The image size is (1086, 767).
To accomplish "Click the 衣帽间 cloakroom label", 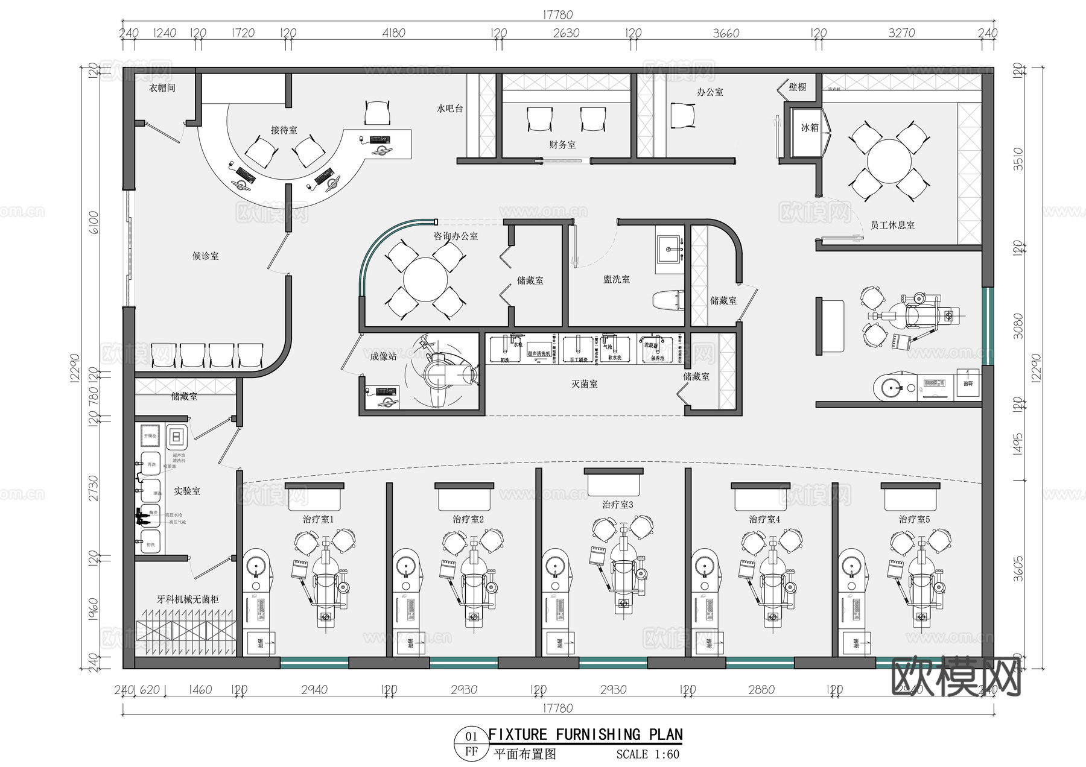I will coord(162,88).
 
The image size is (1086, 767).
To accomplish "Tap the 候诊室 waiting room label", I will coord(205,256).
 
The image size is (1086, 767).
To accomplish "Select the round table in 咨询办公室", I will coord(425,280).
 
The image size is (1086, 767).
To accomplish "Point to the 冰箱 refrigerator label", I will coord(810,128).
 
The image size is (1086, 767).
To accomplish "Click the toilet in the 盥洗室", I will coord(668,300).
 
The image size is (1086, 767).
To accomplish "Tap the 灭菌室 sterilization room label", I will coord(584,384).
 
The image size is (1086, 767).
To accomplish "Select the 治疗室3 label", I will coord(617,505).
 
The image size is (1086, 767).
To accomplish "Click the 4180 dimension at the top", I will coord(393,33).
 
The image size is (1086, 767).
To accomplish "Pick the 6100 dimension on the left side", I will coord(94,223).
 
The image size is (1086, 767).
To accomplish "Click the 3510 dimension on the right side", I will coord(1018,159).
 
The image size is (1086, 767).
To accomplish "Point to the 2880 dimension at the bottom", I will coord(761,690).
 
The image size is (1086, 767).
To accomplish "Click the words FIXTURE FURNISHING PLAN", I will coord(585,734).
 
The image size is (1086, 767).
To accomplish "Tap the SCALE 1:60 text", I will coord(647,754).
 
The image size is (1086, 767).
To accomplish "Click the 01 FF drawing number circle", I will coord(471,743).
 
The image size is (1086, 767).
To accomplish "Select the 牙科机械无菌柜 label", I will coord(188,599).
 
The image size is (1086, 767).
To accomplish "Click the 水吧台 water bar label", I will coord(449,109).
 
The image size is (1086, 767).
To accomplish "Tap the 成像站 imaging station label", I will coord(383,357).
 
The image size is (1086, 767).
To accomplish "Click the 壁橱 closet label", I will coord(797,87).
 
